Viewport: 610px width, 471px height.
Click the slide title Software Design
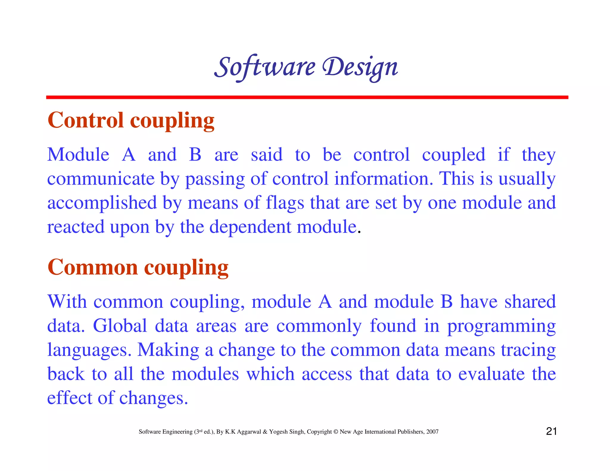pos(306,67)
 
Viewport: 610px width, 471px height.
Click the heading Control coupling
pos(131,120)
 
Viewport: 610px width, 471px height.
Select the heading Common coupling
pos(138,267)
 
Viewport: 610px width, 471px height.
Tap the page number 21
pos(551,431)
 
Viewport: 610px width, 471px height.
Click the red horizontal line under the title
pos(307,97)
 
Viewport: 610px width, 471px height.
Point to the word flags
pos(285,203)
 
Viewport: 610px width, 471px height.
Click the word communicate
pos(101,179)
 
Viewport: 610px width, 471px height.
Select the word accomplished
pos(102,203)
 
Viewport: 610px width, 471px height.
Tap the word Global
pos(120,326)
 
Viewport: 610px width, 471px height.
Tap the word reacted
pos(76,227)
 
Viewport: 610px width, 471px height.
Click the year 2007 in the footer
pos(432,432)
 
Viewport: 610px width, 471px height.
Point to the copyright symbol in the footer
pos(336,432)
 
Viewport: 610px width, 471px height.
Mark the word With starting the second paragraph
pos(67,302)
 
